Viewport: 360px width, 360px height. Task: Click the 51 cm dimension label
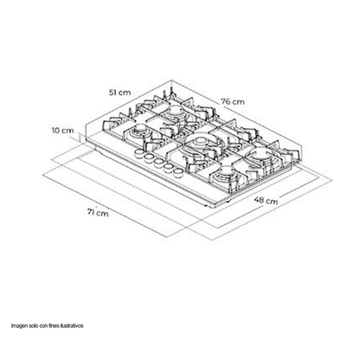point(119,93)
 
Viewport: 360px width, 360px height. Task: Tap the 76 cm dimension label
point(233,101)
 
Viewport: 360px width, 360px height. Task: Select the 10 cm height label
point(62,131)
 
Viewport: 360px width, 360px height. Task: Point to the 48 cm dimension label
point(266,200)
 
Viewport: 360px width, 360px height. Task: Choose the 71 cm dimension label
point(98,213)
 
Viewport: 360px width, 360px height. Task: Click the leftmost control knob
point(139,153)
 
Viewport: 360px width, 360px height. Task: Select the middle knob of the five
point(158,163)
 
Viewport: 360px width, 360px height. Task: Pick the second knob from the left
point(149,158)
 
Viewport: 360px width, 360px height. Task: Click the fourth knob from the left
point(168,168)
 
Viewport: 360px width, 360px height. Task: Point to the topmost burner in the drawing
point(175,111)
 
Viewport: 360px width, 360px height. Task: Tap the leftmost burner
point(140,131)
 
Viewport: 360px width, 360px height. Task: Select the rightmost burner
point(261,156)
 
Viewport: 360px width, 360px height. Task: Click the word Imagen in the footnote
point(19,326)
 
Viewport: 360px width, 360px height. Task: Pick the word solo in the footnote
point(34,325)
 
